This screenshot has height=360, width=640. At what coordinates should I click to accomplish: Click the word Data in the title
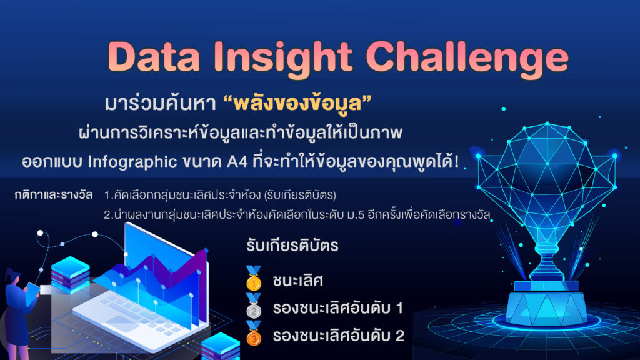pos(154,56)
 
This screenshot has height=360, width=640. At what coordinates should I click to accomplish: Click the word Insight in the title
pos(282,59)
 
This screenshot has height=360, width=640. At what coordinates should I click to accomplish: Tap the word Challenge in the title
pos(467,59)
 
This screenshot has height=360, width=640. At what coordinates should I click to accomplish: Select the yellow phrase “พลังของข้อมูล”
pos(297,103)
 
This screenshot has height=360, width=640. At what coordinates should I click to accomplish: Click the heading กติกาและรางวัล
pos(54,195)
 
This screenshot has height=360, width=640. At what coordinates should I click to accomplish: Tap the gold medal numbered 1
pos(254,279)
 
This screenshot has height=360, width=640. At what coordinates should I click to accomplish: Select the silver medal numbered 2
pos(254,306)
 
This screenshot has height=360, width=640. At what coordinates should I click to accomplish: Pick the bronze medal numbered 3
pos(254,334)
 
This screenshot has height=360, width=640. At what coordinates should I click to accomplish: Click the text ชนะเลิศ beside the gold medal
pos(298,281)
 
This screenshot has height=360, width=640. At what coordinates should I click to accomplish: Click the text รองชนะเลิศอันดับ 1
pos(338,307)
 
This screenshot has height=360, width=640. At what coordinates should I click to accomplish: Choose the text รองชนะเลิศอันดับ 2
pos(338,336)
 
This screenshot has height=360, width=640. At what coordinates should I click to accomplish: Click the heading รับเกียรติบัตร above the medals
pos(292,246)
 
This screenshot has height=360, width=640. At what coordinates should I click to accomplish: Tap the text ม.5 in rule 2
pos(354,215)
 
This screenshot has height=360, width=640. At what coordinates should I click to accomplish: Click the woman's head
pos(13,278)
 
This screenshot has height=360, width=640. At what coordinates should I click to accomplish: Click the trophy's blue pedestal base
pos(546,305)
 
